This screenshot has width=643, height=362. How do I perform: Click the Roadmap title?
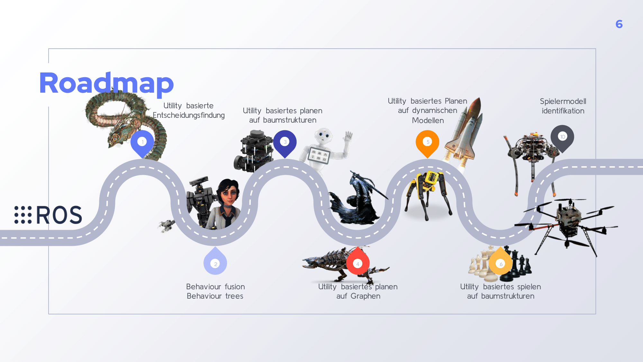106,83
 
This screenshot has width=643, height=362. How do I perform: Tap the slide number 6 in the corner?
619,24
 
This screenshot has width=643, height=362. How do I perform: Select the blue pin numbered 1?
142,142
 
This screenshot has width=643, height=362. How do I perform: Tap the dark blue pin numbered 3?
285,142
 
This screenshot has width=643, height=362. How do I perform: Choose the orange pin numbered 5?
427,142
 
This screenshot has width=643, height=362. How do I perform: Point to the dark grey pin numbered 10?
562,137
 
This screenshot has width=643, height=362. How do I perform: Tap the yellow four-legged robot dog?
428,193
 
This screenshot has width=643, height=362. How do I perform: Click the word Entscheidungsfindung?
189,115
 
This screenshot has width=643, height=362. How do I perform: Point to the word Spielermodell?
563,101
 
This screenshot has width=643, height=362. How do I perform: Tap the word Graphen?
365,296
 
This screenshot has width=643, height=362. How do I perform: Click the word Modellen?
428,120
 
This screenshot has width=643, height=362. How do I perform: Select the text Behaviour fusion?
215,287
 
